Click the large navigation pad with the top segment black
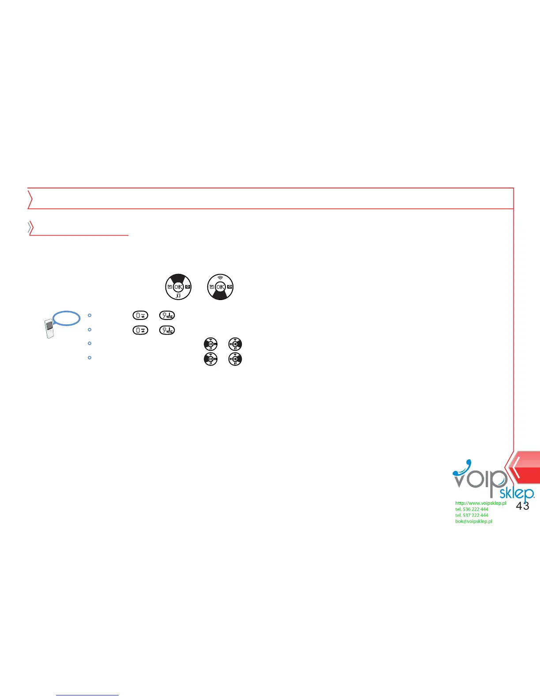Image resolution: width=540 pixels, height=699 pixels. click(178, 287)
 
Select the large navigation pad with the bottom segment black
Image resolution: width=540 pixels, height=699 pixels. click(220, 287)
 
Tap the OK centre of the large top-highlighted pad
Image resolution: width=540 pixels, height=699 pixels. click(178, 287)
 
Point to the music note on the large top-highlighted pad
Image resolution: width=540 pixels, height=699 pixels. click(178, 296)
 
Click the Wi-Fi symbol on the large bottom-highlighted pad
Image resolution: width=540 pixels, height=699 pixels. click(220, 278)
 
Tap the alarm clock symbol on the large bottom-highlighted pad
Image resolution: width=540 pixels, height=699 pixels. click(211, 287)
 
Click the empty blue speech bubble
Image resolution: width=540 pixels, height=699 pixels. click(67, 318)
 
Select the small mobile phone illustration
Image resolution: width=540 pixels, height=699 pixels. click(49, 329)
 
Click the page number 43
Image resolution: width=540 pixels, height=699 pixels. click(522, 506)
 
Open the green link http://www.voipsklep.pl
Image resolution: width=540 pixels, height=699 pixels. click(480, 503)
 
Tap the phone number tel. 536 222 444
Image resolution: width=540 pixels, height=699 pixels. click(472, 509)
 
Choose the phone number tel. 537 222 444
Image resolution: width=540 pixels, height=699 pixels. click(472, 515)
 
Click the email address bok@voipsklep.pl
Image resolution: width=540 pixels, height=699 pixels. click(473, 521)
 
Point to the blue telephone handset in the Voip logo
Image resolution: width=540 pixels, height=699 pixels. click(463, 467)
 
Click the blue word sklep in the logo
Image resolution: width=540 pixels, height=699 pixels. click(516, 493)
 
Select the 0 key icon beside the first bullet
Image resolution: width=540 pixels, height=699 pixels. click(140, 316)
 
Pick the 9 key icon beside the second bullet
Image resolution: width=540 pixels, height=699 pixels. click(167, 330)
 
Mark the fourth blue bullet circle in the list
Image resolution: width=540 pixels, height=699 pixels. click(90, 357)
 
